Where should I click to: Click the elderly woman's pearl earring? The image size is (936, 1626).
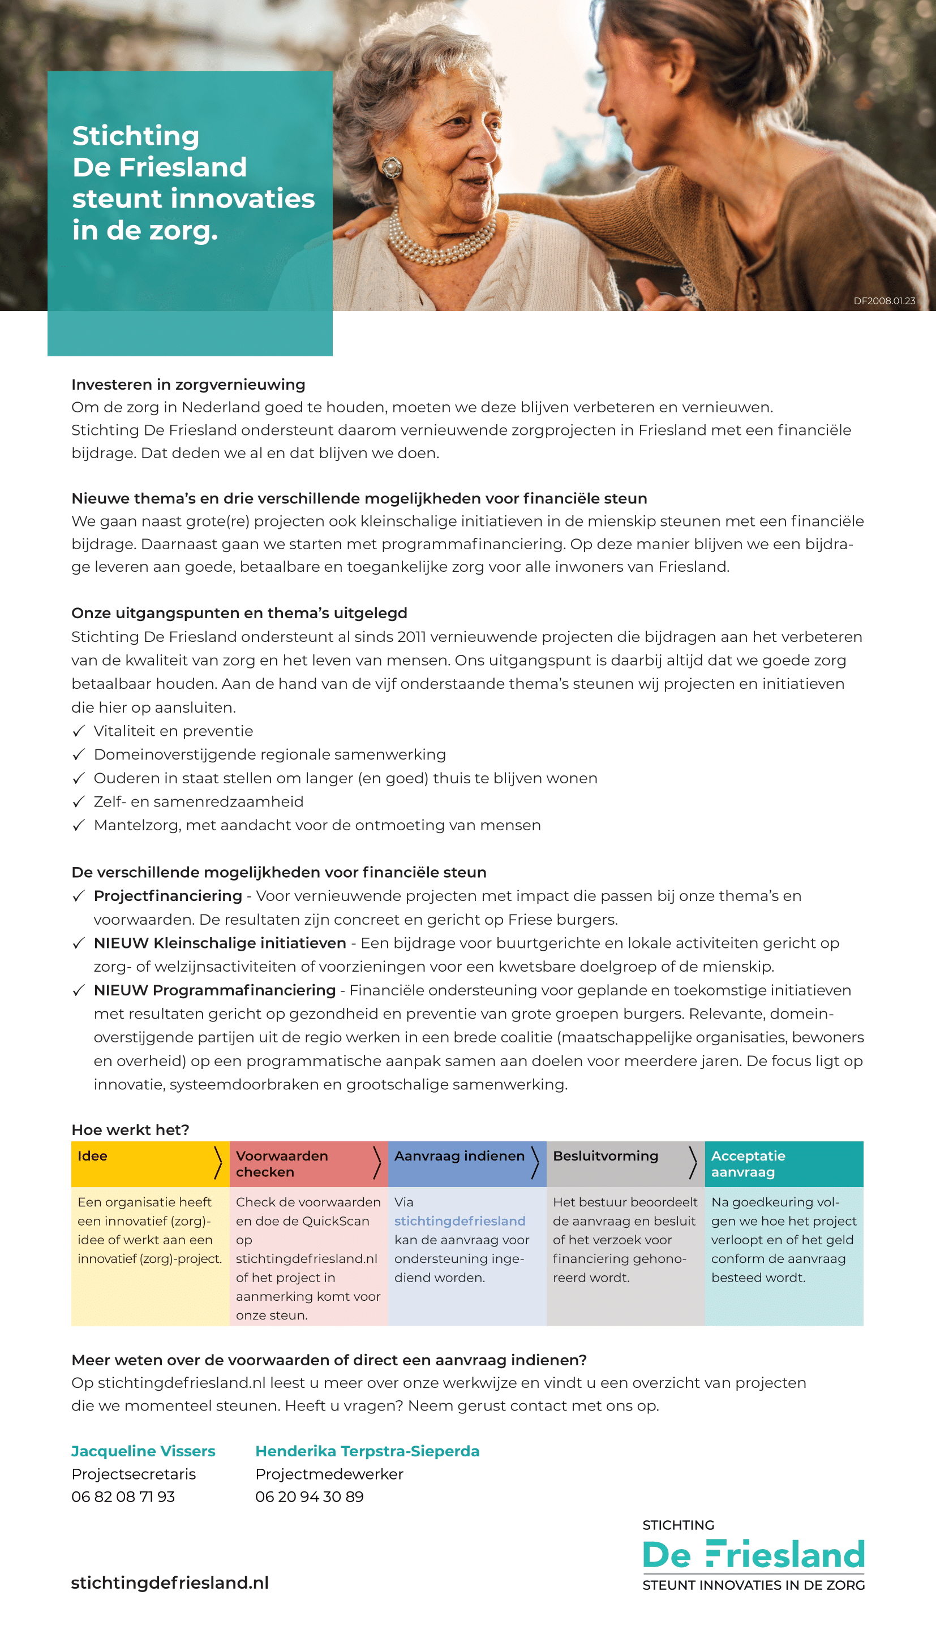tap(391, 167)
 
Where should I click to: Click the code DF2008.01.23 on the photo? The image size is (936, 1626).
tap(884, 301)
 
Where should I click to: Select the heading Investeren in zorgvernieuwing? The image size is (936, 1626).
tap(188, 384)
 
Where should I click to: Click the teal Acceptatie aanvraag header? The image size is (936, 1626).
tap(784, 1163)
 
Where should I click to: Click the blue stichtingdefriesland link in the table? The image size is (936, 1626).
tap(460, 1220)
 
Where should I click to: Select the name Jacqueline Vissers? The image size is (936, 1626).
tap(143, 1451)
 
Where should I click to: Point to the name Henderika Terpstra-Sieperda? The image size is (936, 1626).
tap(367, 1451)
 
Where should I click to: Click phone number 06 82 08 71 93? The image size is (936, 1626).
tap(123, 1496)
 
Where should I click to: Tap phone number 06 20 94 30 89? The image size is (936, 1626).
tap(309, 1496)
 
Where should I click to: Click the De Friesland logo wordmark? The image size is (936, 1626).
tap(753, 1555)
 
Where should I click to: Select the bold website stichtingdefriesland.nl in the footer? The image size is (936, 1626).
tap(170, 1582)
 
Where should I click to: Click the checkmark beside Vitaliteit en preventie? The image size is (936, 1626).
tap(79, 731)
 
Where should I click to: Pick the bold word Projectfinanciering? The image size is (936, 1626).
tap(168, 895)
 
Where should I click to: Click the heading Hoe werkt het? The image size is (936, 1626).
tap(130, 1129)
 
